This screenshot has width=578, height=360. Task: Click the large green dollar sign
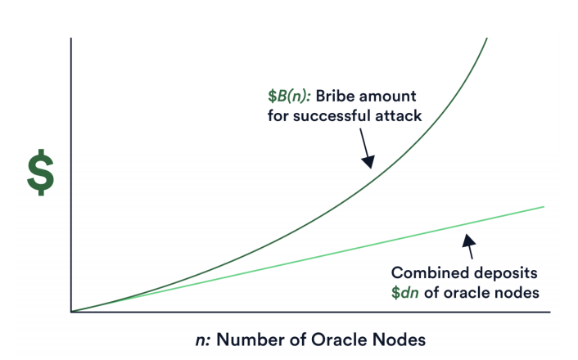(41, 173)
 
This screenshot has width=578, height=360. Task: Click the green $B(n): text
(289, 97)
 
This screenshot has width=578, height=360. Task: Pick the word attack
(399, 116)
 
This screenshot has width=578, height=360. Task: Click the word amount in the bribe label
(387, 97)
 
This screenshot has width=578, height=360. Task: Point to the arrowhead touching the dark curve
(368, 161)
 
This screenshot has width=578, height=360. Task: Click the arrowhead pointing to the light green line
(468, 241)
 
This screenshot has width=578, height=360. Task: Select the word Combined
(430, 273)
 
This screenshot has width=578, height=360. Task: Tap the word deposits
(506, 274)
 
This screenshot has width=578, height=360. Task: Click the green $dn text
(404, 293)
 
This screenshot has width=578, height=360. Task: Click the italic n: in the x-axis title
(203, 340)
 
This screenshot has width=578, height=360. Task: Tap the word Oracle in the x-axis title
(340, 340)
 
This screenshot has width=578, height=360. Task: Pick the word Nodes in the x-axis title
(400, 340)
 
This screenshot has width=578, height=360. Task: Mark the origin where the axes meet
(71, 312)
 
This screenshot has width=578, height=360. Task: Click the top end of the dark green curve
(487, 38)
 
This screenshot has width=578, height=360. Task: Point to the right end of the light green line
(544, 207)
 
